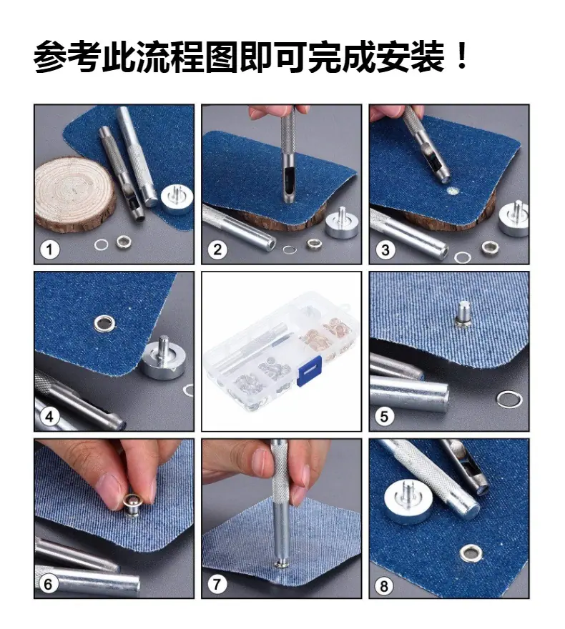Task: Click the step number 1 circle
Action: pyautogui.click(x=50, y=249)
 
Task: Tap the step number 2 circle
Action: pyautogui.click(x=217, y=249)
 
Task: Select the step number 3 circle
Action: pyautogui.click(x=385, y=250)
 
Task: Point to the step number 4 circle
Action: pyautogui.click(x=49, y=417)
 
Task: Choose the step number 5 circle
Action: pyautogui.click(x=385, y=417)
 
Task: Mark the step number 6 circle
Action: pyautogui.click(x=48, y=584)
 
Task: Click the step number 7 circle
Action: pyautogui.click(x=217, y=584)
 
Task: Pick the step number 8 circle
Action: pyautogui.click(x=384, y=586)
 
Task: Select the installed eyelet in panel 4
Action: pyautogui.click(x=104, y=323)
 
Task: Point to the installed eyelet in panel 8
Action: pyautogui.click(x=471, y=553)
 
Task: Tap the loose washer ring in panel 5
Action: pyautogui.click(x=509, y=400)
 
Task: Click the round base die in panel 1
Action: pyautogui.click(x=177, y=199)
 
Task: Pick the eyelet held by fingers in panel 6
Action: pyautogui.click(x=131, y=505)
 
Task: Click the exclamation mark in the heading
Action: pyautogui.click(x=462, y=57)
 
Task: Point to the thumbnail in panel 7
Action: pyautogui.click(x=262, y=462)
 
